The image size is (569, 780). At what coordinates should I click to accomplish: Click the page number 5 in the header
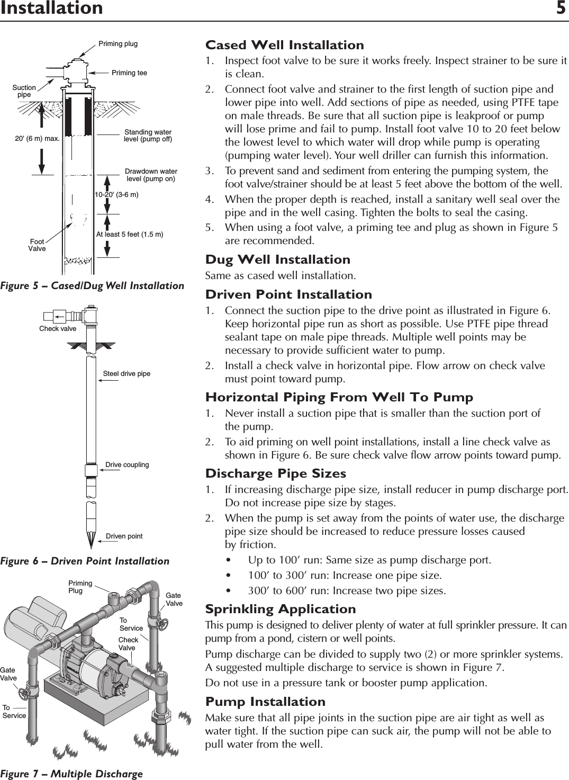[x=561, y=8]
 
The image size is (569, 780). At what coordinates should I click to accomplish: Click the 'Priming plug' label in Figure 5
[x=118, y=44]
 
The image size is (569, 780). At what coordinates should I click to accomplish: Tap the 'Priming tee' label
[x=129, y=73]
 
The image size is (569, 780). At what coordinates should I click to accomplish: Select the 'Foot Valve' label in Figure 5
[x=37, y=245]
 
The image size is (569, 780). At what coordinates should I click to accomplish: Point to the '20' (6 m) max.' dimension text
[x=36, y=139]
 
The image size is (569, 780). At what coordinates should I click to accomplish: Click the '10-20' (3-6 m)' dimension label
[x=116, y=195]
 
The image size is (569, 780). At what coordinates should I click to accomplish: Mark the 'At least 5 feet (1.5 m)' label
[x=130, y=234]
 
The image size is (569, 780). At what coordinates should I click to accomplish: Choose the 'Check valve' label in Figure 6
[x=58, y=329]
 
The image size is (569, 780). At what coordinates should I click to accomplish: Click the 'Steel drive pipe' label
[x=127, y=374]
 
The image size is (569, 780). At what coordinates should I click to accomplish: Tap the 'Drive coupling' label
[x=127, y=465]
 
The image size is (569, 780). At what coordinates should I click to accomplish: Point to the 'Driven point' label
[x=124, y=536]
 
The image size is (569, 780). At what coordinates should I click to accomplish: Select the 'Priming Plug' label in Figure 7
[x=80, y=587]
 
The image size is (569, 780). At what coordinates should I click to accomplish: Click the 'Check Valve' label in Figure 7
[x=128, y=644]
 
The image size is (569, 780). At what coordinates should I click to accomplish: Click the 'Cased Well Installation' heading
[x=285, y=45]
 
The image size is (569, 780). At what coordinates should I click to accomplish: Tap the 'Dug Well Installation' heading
[x=278, y=259]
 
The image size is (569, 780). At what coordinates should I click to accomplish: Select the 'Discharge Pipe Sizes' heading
[x=276, y=473]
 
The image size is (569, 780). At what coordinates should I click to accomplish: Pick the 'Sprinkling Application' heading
[x=281, y=609]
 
